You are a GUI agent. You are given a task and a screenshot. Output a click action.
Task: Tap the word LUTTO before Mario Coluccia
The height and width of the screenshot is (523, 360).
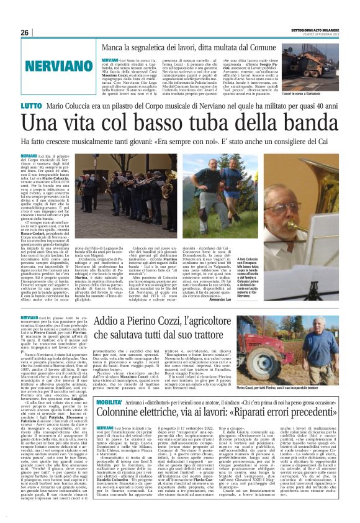[29, 107]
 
